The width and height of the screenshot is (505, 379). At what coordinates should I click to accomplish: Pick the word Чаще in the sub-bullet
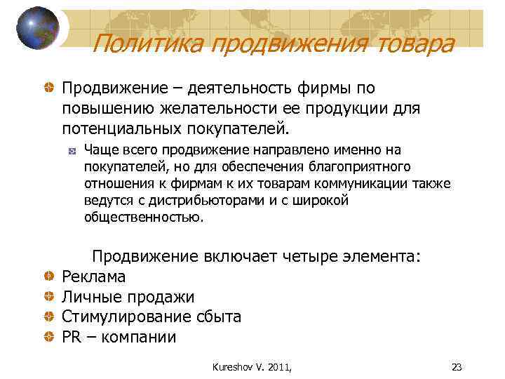coord(100,149)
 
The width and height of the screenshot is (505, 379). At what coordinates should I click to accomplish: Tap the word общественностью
coord(144,218)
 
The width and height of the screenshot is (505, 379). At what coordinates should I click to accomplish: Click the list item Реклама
coord(93,277)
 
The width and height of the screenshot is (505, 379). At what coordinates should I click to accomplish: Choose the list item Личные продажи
coord(128,297)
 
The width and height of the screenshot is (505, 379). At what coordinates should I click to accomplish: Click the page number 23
coord(457,366)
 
